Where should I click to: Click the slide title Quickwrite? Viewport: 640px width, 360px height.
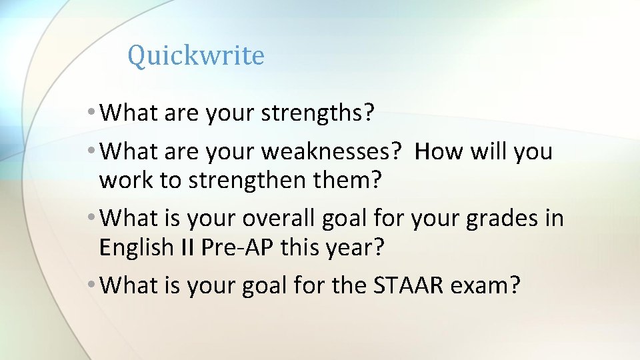[x=196, y=56]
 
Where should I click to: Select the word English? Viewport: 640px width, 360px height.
[x=136, y=247]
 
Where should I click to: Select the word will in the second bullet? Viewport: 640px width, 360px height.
[x=489, y=151]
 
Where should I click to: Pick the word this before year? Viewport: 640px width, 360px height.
[x=301, y=247]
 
